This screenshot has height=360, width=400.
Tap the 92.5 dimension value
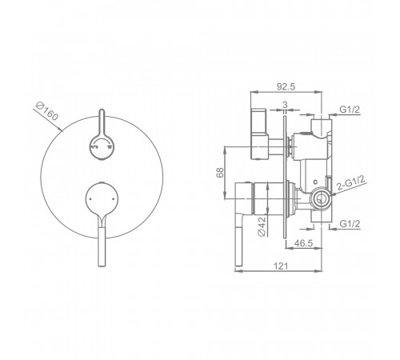pos(286,86)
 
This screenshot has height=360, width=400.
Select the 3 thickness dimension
pos(285,105)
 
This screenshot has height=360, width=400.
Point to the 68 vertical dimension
pos(220,172)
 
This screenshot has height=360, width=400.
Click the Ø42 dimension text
pos(262,226)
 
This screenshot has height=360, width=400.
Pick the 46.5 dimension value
pos(303,243)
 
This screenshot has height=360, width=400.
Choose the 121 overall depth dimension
pos(281,266)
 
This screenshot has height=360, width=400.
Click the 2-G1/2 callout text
pos(350,182)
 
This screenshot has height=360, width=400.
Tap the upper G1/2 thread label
pos(350,109)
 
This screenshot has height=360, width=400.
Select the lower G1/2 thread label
pos(350,223)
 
